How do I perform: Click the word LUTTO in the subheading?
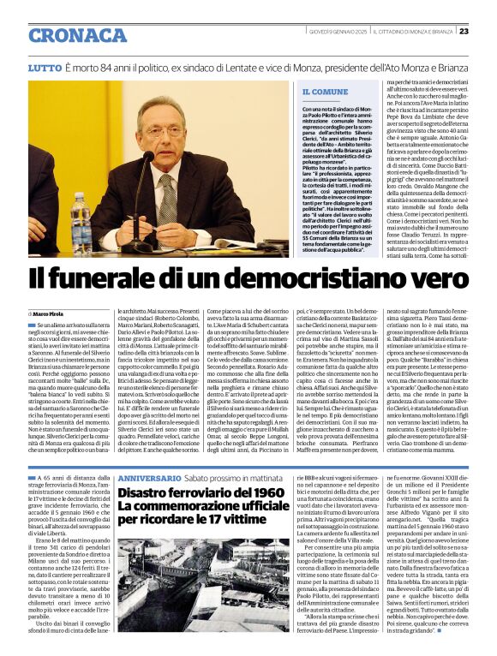45,67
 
